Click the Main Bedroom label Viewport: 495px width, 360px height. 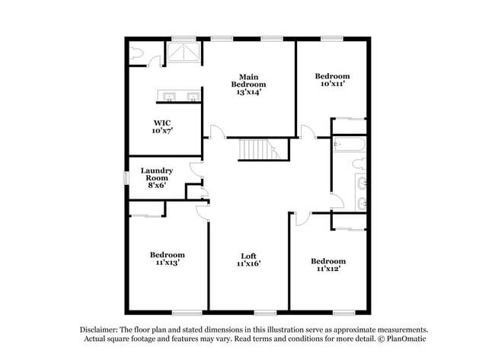248,81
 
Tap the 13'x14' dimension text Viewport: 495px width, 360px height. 248,91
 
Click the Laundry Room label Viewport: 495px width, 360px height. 156,174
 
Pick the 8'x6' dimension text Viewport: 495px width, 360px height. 156,185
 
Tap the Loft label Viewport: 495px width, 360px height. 248,256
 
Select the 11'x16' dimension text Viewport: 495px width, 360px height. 248,264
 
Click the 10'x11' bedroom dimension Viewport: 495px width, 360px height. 333,84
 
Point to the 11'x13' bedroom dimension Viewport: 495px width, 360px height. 166,263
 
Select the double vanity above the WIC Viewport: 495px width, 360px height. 180,96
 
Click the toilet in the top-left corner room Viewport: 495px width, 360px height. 137,53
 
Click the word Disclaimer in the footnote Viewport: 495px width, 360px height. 102,330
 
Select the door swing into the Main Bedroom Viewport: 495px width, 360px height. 218,132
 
